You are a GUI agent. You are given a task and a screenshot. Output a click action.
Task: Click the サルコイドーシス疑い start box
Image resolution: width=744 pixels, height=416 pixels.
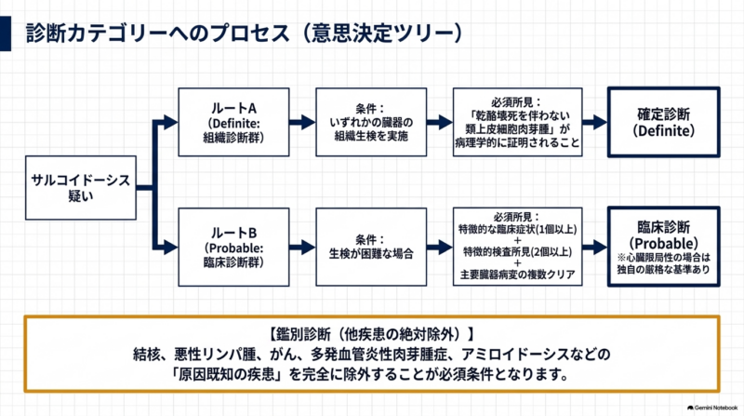(x=81, y=188)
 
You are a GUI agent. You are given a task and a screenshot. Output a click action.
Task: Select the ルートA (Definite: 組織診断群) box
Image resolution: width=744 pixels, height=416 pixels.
(x=233, y=122)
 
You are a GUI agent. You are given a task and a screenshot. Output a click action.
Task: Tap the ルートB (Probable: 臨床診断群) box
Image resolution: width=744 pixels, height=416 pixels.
(x=233, y=247)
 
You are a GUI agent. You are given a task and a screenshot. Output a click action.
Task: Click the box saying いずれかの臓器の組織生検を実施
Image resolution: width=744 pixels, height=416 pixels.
(x=371, y=122)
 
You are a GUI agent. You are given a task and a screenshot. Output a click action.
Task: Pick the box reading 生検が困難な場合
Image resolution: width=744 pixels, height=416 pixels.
(x=371, y=247)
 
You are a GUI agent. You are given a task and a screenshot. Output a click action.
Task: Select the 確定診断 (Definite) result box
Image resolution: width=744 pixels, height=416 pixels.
(x=664, y=122)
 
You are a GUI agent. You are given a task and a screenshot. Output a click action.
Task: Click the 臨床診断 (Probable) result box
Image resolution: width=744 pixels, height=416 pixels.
(x=664, y=247)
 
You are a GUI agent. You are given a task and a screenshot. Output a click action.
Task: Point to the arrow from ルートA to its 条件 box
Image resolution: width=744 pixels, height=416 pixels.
(x=302, y=122)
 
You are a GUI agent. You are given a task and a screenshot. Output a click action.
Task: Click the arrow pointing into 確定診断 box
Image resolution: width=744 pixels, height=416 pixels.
(x=595, y=122)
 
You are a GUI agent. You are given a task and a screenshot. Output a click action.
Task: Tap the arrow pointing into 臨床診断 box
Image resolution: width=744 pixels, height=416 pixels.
(x=595, y=247)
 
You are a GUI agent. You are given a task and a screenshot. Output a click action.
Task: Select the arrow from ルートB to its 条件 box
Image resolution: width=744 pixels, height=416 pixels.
(x=302, y=247)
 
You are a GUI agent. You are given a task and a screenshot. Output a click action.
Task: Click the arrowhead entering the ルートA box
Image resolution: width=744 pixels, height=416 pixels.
(x=171, y=122)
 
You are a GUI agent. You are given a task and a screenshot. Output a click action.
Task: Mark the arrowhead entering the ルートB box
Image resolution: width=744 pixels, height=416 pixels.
(x=171, y=247)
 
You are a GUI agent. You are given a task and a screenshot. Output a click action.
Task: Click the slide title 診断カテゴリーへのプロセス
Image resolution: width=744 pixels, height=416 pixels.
(x=157, y=34)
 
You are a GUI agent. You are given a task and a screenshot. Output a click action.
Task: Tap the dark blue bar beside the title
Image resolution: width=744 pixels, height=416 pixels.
(x=6, y=34)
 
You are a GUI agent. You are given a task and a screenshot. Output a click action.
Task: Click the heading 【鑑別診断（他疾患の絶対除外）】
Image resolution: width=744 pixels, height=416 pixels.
(x=371, y=334)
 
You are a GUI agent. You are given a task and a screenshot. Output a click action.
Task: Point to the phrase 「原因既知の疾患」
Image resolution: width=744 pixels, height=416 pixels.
(x=227, y=375)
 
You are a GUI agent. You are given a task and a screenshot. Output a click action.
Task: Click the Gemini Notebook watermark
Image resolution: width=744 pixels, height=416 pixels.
(x=712, y=408)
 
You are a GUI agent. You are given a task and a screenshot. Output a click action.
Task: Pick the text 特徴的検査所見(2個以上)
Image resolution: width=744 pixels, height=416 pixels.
(x=518, y=251)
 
